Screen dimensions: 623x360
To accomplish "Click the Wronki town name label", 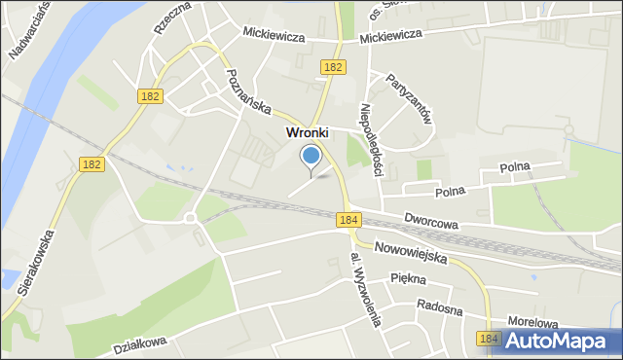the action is coord(307,132).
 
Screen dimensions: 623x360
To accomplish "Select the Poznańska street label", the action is coord(248,94).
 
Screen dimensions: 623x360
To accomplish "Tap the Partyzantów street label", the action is coord(409,97).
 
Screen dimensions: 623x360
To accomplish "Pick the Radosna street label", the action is coord(437,305).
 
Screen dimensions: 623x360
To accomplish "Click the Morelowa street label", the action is coord(534,320).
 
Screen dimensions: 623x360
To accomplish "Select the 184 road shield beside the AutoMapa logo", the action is coord(489,338).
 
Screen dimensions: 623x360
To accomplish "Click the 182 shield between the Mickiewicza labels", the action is coord(333,66).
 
